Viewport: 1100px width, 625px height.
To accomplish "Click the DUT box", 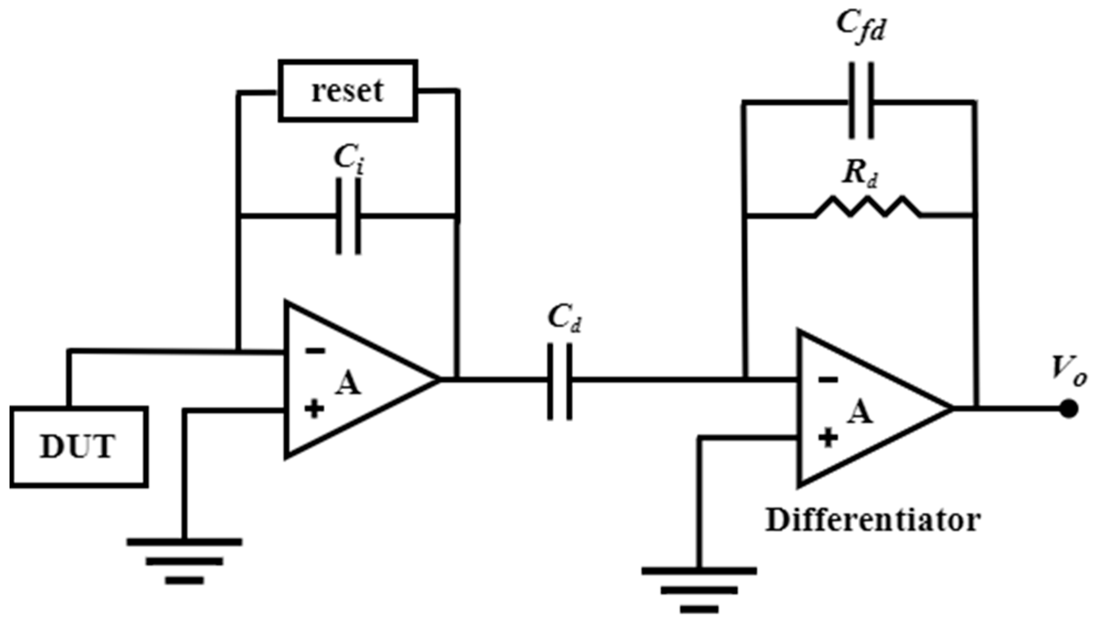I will [79, 447].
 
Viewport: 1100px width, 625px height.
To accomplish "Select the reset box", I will [348, 91].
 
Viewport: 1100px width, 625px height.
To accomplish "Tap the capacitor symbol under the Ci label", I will [348, 216].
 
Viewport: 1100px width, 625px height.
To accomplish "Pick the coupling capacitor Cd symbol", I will [560, 381].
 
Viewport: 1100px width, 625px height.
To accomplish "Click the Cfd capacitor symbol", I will [861, 102].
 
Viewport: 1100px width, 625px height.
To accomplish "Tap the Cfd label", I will [861, 26].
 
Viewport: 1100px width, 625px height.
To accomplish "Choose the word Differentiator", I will [873, 521].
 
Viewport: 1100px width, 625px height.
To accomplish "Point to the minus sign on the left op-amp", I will [315, 351].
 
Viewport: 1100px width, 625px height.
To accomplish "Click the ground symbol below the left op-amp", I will [185, 561].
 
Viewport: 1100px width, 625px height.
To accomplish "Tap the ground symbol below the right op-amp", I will [699, 590].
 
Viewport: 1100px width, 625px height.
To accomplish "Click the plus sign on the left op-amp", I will [314, 409].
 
